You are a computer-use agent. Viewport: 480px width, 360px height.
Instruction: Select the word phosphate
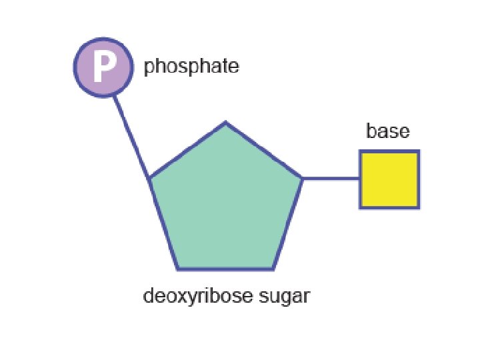(x=191, y=67)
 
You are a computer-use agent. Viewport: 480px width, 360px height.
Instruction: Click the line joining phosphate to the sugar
(x=132, y=138)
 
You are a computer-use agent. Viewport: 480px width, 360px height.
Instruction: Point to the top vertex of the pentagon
(x=225, y=123)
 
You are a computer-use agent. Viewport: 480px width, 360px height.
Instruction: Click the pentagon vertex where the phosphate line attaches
(x=150, y=179)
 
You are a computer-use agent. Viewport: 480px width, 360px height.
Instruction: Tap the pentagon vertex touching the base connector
(x=303, y=179)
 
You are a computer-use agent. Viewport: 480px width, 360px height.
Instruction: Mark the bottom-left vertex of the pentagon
(x=178, y=269)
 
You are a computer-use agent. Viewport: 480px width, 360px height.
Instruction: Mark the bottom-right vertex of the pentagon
(x=273, y=269)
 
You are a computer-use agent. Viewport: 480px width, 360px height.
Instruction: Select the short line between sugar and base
(x=331, y=179)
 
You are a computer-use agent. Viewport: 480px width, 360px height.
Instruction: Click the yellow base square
(x=389, y=179)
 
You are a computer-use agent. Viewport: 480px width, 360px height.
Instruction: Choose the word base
(x=387, y=131)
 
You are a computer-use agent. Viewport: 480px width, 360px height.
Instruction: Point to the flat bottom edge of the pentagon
(x=225, y=269)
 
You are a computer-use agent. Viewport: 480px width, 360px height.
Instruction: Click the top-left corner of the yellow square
(x=361, y=152)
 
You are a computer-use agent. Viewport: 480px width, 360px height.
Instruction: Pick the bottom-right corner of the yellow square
(x=417, y=207)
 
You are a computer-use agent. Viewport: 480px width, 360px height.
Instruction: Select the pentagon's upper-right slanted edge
(x=264, y=151)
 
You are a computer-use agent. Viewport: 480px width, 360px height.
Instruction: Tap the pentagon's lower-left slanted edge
(x=164, y=224)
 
